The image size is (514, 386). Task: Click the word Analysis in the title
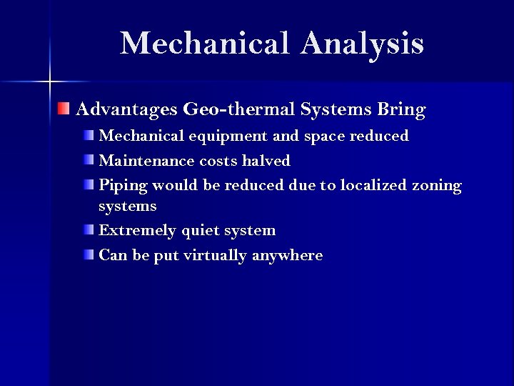click(362, 44)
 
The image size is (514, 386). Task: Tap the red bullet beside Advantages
click(64, 109)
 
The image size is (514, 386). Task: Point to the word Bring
click(400, 111)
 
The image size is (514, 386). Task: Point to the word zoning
click(437, 186)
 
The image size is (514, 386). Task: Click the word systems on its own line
click(128, 207)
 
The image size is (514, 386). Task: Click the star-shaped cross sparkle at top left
click(50, 81)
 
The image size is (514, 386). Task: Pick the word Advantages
click(126, 110)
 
